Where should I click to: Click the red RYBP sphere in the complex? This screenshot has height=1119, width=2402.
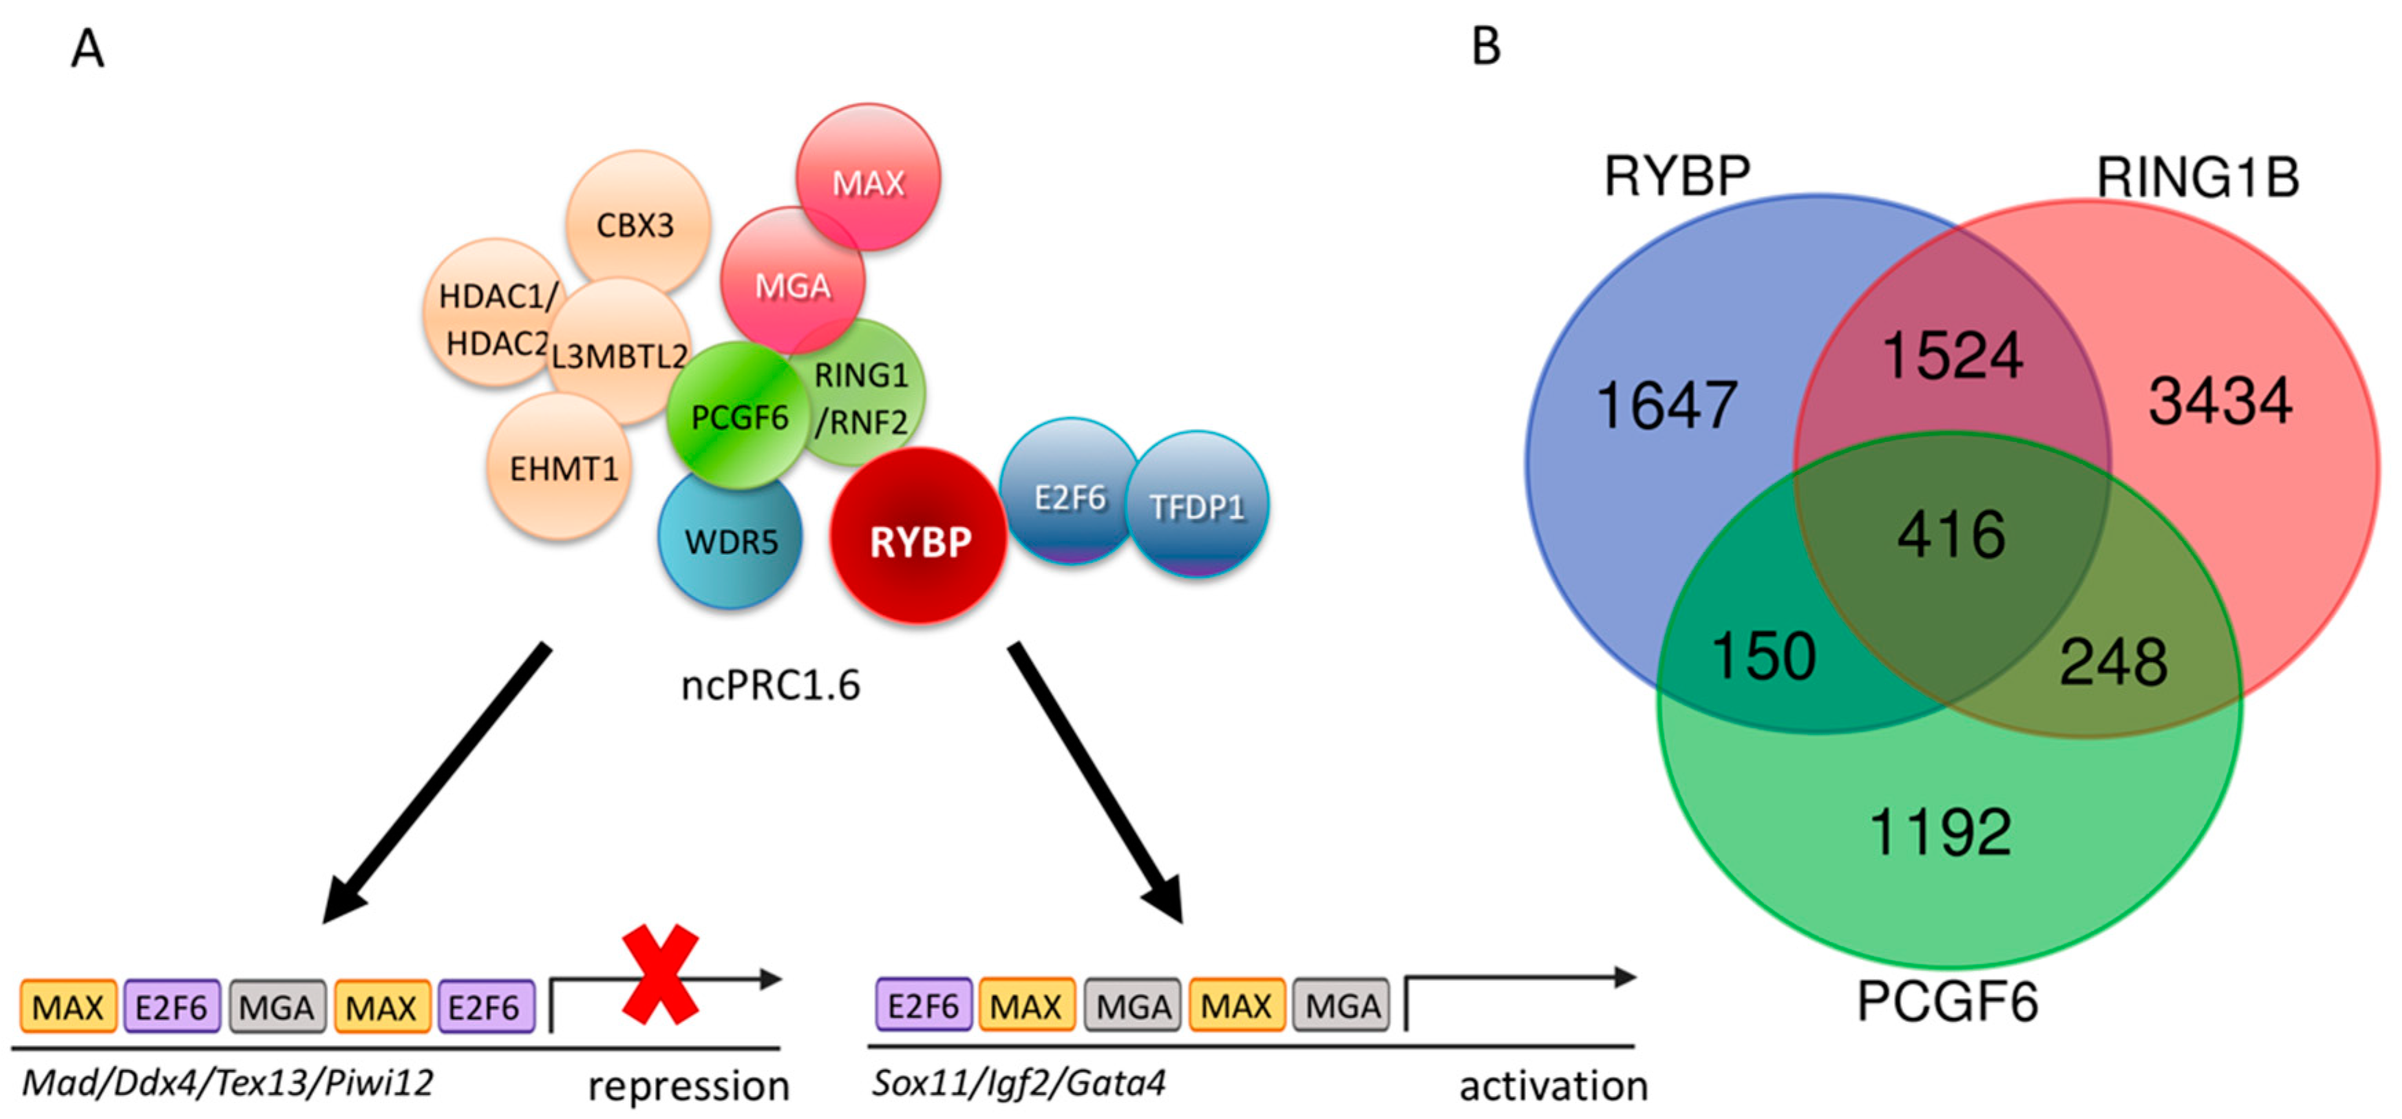tap(918, 538)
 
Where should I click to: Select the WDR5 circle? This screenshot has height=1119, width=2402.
tap(730, 541)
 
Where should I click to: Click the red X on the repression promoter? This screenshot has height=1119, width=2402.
tap(660, 974)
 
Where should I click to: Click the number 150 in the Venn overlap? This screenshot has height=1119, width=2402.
tap(1763, 656)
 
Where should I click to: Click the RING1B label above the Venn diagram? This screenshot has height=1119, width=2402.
tap(2197, 177)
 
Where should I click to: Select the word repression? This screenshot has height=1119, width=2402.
tap(688, 1085)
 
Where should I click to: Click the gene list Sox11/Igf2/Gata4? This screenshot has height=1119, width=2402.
tap(1018, 1083)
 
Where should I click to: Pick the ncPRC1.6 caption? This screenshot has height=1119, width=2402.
tap(770, 685)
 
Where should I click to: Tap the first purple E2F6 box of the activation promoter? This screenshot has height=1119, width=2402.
tap(923, 1005)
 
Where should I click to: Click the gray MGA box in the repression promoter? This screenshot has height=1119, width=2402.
tap(277, 1007)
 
